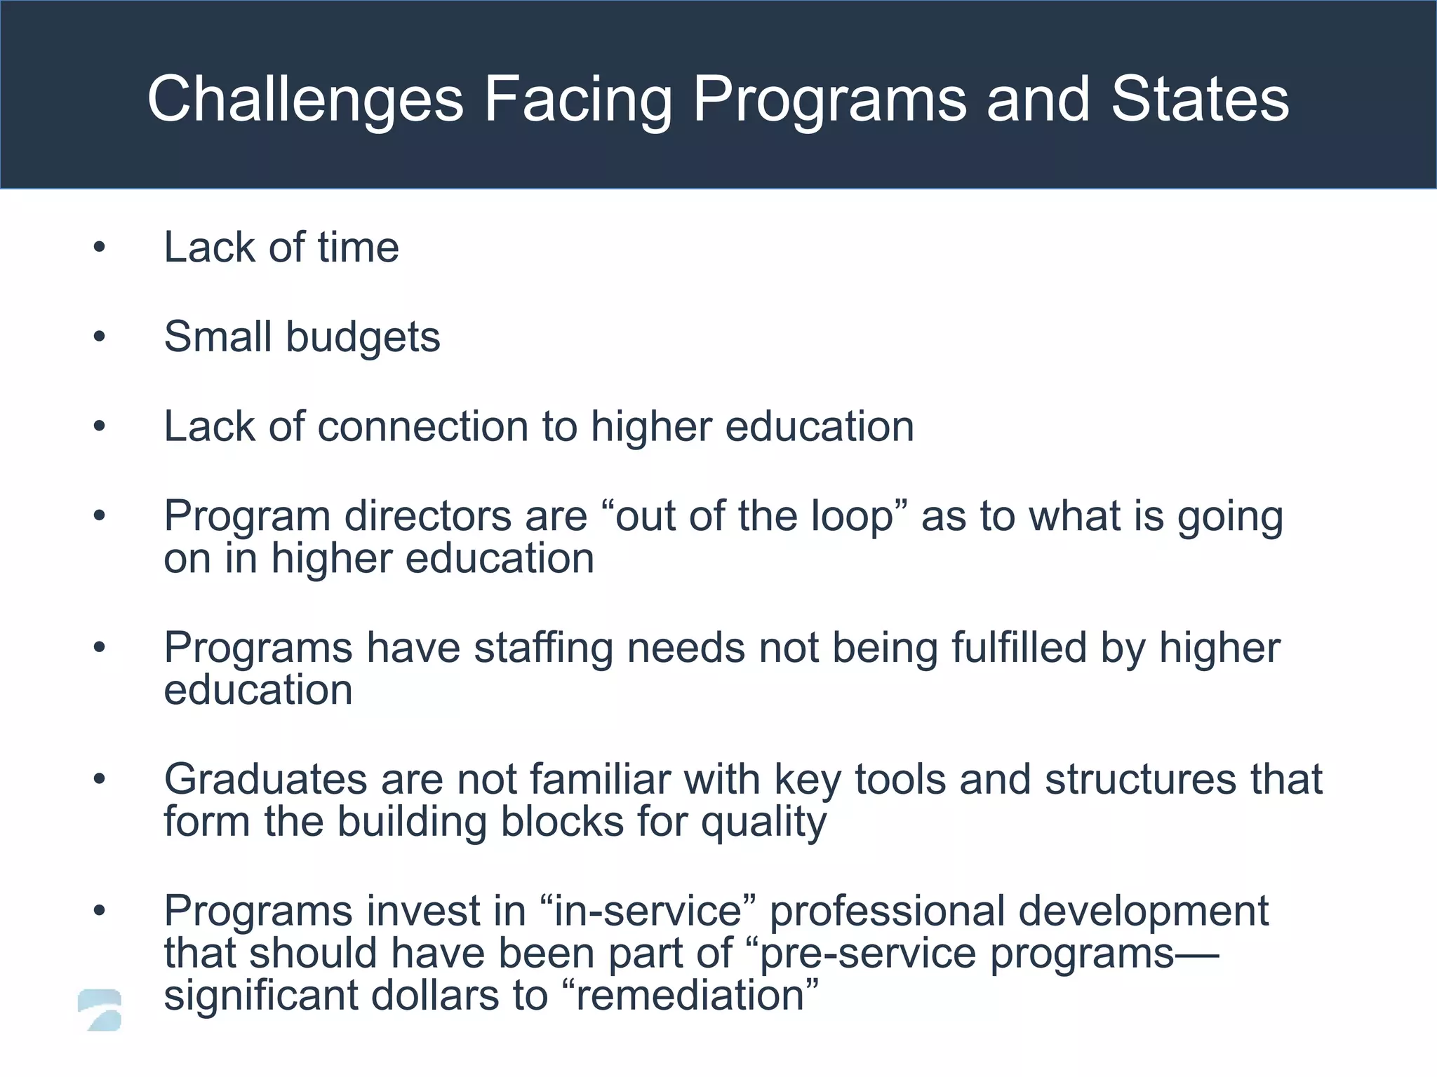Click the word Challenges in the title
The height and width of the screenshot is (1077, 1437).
305,100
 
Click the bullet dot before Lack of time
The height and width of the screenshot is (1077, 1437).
100,248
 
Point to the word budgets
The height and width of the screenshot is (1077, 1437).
363,338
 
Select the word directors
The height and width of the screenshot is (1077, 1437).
465,517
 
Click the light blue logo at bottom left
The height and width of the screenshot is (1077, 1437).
100,1010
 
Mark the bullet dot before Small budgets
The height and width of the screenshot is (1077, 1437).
100,337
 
